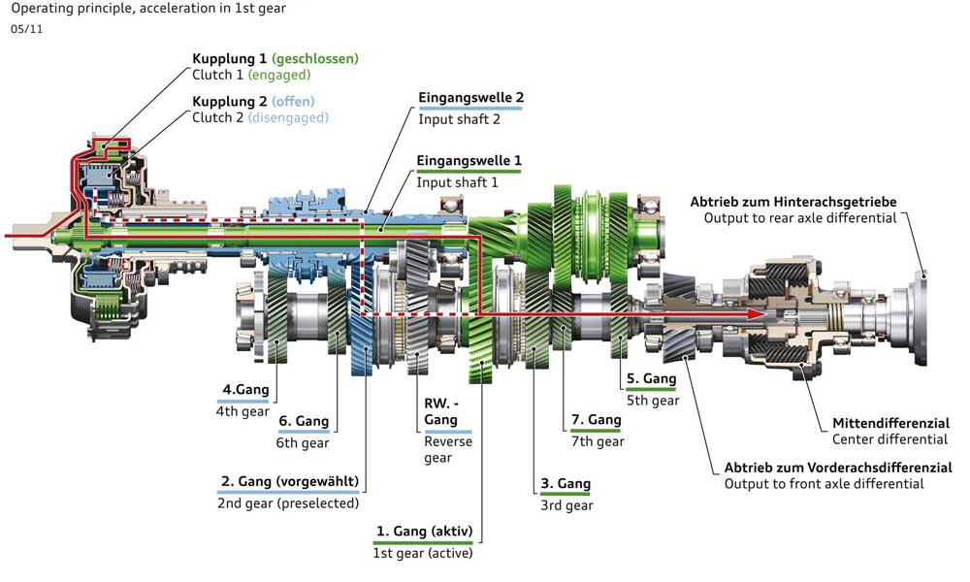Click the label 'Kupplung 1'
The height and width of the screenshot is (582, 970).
coord(229,58)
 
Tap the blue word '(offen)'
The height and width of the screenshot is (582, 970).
coord(293,101)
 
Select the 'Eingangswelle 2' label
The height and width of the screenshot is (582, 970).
coord(470,98)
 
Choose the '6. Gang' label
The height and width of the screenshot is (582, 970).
coord(303,422)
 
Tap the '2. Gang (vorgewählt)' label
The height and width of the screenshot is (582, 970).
coord(288,482)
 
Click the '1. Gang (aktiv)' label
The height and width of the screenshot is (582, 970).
coord(426,532)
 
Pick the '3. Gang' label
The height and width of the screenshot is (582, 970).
coord(566,484)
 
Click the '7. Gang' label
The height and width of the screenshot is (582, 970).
coord(596,420)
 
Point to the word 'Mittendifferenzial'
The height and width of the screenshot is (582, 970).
coord(889,423)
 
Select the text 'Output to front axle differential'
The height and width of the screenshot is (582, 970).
coord(824,483)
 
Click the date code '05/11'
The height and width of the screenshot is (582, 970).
coord(26,29)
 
